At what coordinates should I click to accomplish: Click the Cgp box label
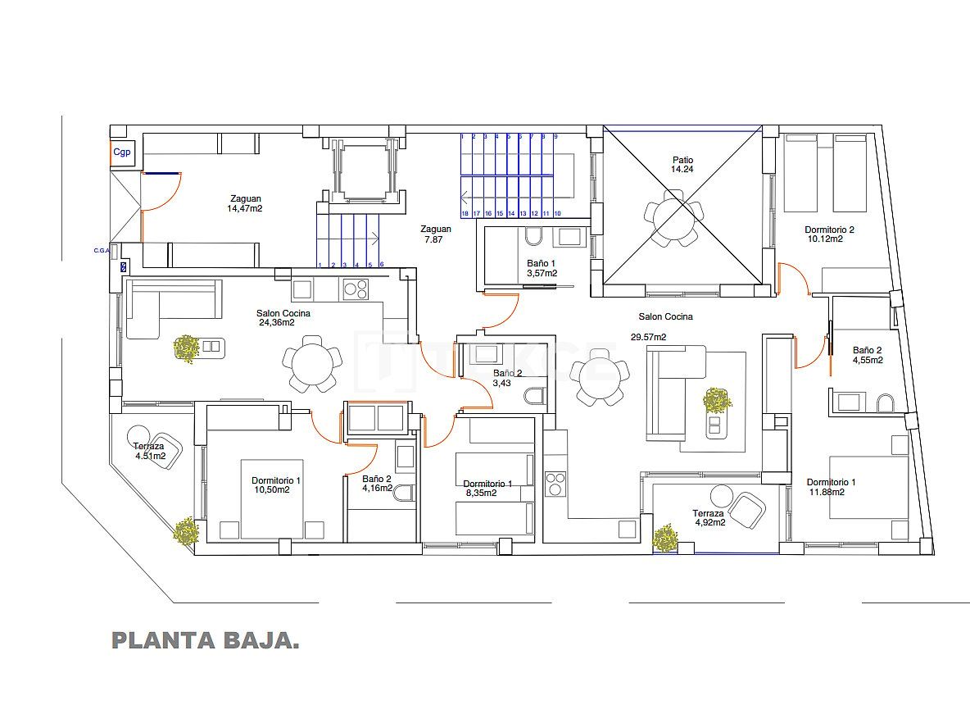tap(121, 152)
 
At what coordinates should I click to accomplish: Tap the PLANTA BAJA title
tap(205, 640)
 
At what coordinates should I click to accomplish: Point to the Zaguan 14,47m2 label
tap(246, 203)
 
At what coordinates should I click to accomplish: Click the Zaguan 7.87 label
tap(436, 234)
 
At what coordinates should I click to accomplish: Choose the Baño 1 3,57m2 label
tap(542, 268)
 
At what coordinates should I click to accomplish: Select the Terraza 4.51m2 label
tap(149, 452)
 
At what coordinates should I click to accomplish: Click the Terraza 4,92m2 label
tap(709, 517)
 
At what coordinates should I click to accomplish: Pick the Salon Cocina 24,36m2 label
tap(283, 317)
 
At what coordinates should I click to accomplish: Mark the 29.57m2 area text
tap(648, 337)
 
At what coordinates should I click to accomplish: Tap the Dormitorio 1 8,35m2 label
tap(487, 489)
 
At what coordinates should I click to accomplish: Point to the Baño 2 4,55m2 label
tap(867, 354)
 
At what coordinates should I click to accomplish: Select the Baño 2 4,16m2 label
tap(377, 484)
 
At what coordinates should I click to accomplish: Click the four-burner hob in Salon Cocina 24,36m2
tap(356, 289)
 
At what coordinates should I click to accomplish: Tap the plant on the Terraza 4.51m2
tap(186, 532)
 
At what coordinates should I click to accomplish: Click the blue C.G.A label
tap(102, 250)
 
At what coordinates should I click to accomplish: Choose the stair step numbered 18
tap(465, 213)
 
